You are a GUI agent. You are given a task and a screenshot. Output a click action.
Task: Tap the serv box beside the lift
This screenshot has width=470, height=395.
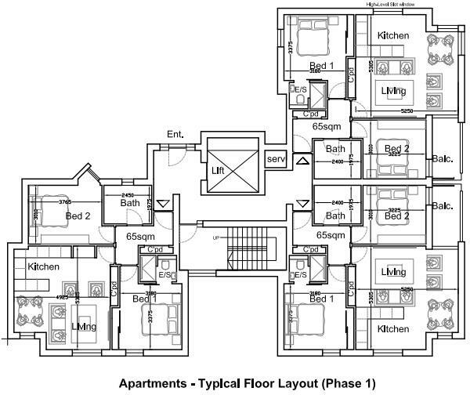276,159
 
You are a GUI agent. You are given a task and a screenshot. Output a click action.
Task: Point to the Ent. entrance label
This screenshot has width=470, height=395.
175,135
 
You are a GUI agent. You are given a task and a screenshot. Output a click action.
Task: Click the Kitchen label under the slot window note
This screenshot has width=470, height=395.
394,36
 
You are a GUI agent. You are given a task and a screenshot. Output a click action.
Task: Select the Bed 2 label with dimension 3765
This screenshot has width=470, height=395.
78,216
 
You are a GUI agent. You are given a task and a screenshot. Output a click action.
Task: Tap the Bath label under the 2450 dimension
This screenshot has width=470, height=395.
130,204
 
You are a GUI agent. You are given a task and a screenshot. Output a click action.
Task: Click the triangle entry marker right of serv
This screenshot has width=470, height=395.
302,161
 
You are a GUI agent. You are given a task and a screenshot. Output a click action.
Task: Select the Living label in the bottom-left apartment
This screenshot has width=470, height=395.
83,327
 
